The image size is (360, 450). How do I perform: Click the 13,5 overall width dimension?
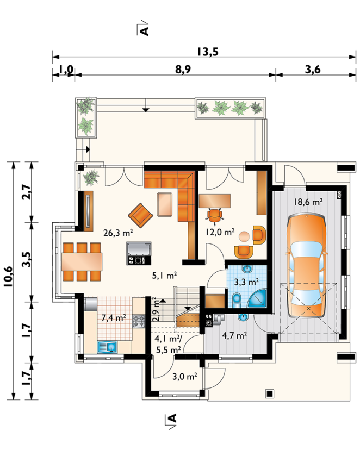(x=208, y=52)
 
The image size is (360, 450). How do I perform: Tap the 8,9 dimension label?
(x=183, y=70)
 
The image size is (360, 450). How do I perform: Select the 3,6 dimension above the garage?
(x=313, y=70)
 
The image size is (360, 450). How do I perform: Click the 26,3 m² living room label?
(x=118, y=233)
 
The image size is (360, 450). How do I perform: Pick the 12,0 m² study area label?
(x=220, y=232)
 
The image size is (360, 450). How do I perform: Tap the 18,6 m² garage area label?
(x=308, y=202)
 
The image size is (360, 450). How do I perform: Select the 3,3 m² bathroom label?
(x=246, y=282)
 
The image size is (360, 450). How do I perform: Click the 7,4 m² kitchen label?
(x=114, y=318)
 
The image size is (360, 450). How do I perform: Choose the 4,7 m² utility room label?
(x=234, y=335)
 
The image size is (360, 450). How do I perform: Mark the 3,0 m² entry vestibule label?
(x=184, y=376)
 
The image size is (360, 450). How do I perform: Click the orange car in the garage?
(x=307, y=266)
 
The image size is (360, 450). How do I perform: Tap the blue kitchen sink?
(x=107, y=347)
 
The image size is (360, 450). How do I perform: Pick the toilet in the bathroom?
(x=237, y=299)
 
